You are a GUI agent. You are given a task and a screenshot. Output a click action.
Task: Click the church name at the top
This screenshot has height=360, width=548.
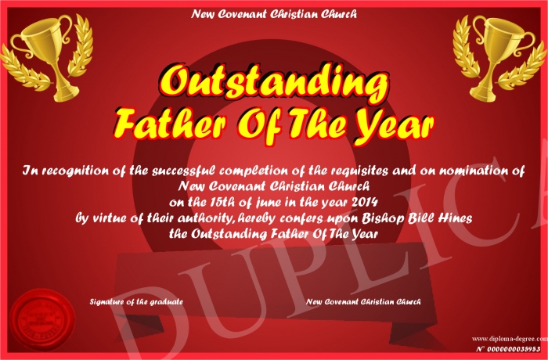(x=274, y=14)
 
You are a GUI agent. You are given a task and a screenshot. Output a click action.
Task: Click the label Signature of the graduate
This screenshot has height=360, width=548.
(x=136, y=301)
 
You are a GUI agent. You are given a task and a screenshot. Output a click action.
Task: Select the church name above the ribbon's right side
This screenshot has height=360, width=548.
(x=363, y=301)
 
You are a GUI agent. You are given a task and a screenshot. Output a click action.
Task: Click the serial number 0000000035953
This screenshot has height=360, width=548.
(x=514, y=349)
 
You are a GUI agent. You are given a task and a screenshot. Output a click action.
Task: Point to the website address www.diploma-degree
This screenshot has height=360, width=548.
(x=510, y=339)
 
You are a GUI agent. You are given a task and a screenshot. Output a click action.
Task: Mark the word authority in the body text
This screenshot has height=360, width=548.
(x=204, y=219)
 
